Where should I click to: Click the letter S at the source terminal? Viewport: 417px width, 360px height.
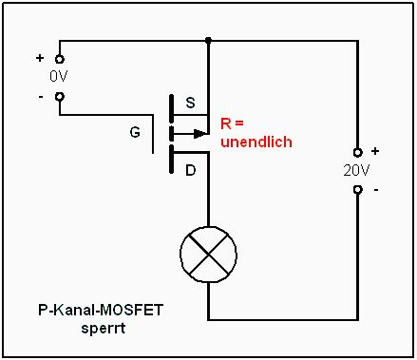tap(190, 103)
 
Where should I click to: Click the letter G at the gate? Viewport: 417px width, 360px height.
tap(135, 132)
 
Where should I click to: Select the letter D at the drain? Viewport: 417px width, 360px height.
tap(190, 171)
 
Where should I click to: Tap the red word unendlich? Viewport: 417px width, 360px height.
tap(256, 142)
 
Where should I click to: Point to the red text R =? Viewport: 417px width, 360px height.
tap(232, 123)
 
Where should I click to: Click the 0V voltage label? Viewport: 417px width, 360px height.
tap(59, 76)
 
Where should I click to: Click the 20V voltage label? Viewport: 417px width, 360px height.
tap(356, 171)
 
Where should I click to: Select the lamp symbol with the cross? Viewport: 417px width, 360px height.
tap(208, 255)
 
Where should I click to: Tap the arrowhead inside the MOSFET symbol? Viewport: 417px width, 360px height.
tap(200, 134)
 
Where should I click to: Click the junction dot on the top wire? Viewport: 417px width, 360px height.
tap(208, 40)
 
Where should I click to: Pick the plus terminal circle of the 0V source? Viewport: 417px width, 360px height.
tap(60, 59)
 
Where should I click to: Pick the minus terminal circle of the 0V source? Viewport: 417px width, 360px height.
tap(60, 96)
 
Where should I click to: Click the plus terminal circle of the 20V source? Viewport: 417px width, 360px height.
tap(358, 153)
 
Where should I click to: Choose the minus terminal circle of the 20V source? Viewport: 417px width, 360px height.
tap(358, 190)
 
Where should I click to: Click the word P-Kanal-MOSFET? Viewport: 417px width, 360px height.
tap(101, 310)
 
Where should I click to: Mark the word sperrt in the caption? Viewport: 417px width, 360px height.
tap(104, 329)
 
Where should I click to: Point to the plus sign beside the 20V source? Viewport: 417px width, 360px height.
tap(375, 151)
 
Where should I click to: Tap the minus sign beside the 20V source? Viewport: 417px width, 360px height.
tap(376, 190)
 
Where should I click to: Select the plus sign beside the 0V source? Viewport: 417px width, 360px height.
tap(40, 58)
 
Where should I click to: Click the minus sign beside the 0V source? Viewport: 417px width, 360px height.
tap(41, 97)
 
